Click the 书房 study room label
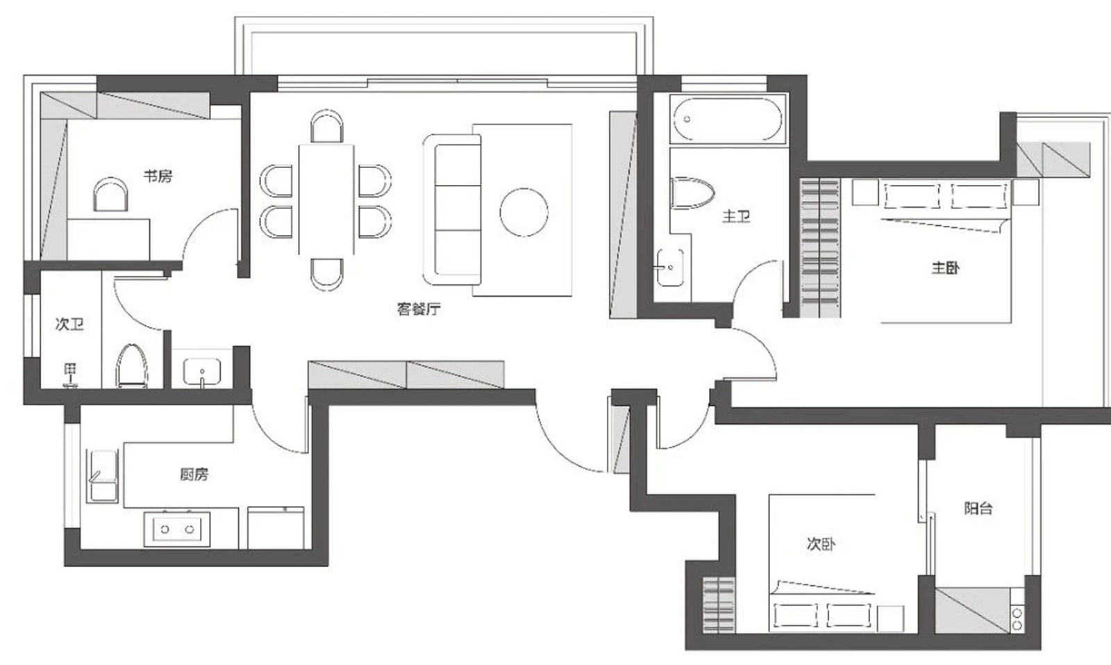click(158, 176)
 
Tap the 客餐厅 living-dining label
click(419, 309)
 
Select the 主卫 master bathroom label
click(736, 216)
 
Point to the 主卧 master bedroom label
click(945, 268)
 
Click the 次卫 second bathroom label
click(69, 325)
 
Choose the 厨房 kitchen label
click(194, 475)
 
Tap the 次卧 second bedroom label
click(821, 544)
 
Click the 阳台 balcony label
click(978, 508)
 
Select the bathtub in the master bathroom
click(727, 119)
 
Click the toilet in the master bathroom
click(692, 193)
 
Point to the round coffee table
click(524, 213)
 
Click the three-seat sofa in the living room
click(452, 209)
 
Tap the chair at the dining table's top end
click(326, 126)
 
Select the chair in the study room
click(110, 194)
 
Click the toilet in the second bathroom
click(132, 366)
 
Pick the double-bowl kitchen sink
click(177, 529)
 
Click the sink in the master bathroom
click(670, 268)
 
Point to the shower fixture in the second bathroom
click(71, 375)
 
